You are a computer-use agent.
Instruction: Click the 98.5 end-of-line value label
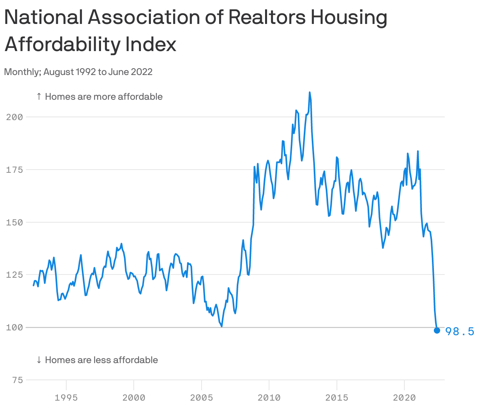coord(459,332)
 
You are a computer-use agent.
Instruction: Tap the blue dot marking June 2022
coord(437,330)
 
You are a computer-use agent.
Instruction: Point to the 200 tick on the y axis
coord(14,117)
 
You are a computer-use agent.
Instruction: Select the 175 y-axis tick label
coord(14,170)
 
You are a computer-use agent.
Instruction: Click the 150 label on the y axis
coord(14,223)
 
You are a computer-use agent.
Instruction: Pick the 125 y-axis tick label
coord(14,275)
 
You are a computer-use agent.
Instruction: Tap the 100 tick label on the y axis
coord(14,328)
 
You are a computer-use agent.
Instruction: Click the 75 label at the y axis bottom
coord(17,380)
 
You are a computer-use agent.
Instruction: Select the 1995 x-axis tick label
coord(66,397)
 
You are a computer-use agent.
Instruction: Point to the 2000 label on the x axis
coord(134,397)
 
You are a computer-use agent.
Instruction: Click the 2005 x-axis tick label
coord(202,397)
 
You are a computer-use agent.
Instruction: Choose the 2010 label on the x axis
coord(269,397)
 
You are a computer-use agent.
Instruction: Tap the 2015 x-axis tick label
coord(337,397)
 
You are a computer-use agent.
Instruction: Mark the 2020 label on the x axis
coord(404,397)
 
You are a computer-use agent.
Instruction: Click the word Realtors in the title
coord(267,18)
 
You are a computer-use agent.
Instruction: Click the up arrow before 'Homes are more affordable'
coord(39,97)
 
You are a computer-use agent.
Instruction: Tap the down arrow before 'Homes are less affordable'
coord(39,360)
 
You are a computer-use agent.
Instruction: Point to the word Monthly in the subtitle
coord(22,72)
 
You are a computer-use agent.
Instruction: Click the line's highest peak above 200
coord(309,93)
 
